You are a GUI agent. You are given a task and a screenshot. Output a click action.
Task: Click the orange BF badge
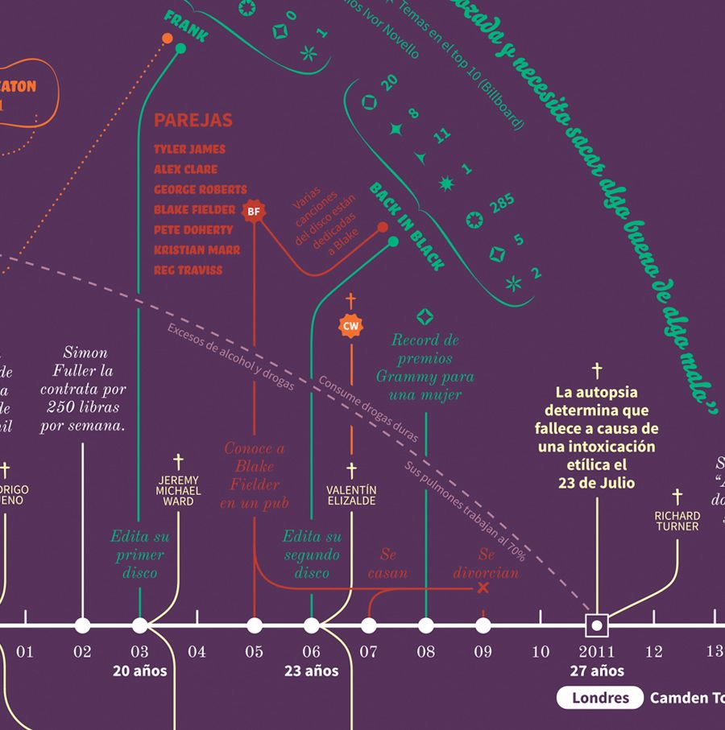click(x=254, y=212)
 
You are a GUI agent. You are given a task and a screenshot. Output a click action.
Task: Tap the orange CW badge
click(x=350, y=326)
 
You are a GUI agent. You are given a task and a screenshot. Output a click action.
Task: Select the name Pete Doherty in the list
click(x=193, y=229)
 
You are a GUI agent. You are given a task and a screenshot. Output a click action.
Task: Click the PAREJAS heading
click(x=193, y=121)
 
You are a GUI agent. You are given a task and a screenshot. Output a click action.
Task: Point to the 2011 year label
click(x=596, y=652)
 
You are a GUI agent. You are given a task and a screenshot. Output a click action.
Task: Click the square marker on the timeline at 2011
click(x=597, y=625)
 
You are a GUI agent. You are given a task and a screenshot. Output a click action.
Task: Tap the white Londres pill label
click(x=599, y=698)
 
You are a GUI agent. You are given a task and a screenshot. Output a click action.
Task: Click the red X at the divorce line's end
click(x=483, y=588)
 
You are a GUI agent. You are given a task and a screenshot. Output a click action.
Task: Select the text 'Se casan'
click(x=388, y=564)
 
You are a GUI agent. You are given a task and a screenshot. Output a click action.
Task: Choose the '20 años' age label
click(x=140, y=670)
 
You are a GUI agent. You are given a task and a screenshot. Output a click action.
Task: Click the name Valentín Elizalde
click(x=351, y=495)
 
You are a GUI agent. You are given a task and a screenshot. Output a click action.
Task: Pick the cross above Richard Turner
click(x=677, y=496)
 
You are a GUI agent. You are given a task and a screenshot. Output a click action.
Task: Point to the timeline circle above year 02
click(x=82, y=625)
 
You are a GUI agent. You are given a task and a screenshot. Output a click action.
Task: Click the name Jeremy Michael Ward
click(x=179, y=491)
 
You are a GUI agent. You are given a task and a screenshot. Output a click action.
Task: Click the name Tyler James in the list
click(x=190, y=149)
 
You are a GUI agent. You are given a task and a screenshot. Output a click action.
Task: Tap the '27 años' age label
click(x=597, y=670)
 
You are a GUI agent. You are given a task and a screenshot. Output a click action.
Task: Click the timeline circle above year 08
click(x=425, y=625)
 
